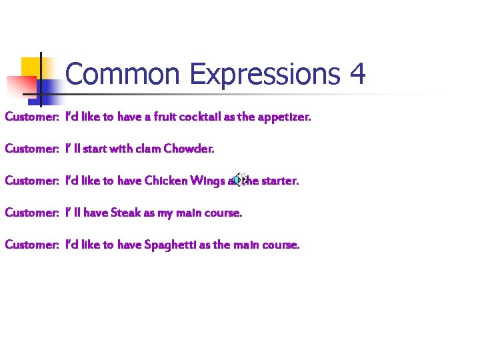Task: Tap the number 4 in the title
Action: click(x=357, y=74)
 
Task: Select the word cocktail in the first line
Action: click(x=199, y=117)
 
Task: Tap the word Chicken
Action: click(x=165, y=181)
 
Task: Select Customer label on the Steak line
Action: click(x=32, y=213)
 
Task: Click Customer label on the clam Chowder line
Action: click(x=32, y=149)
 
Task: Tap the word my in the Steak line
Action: click(x=165, y=213)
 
